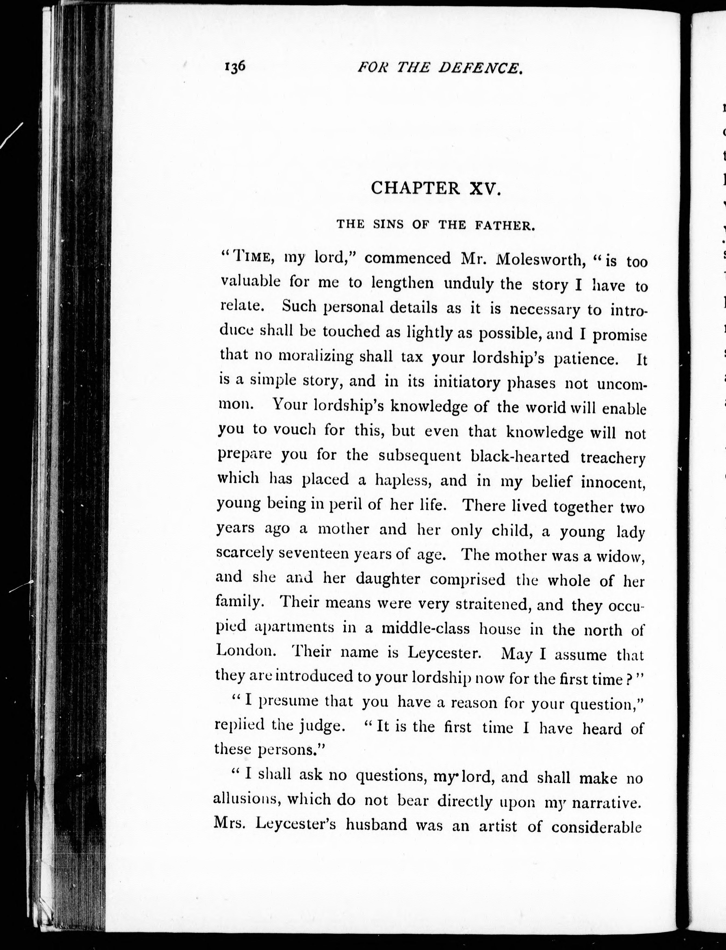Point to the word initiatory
(467, 383)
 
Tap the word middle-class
(425, 628)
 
